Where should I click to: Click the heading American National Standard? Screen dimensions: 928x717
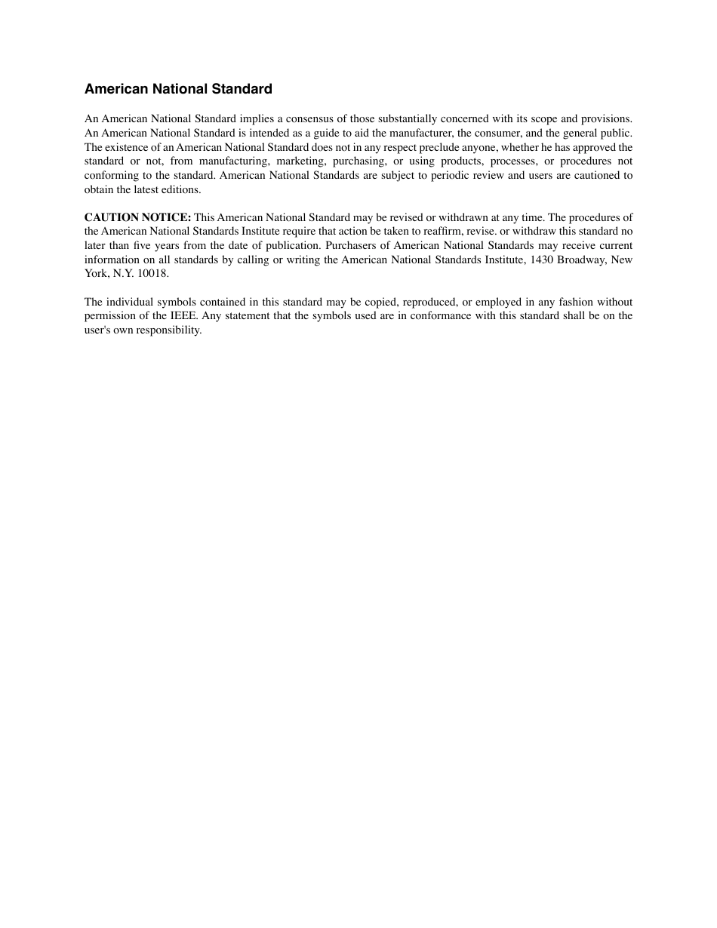coord(178,89)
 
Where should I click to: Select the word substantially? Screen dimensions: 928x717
coord(395,118)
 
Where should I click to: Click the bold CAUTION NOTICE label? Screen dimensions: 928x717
coord(137,217)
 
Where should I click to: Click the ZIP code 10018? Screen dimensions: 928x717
coord(153,274)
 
